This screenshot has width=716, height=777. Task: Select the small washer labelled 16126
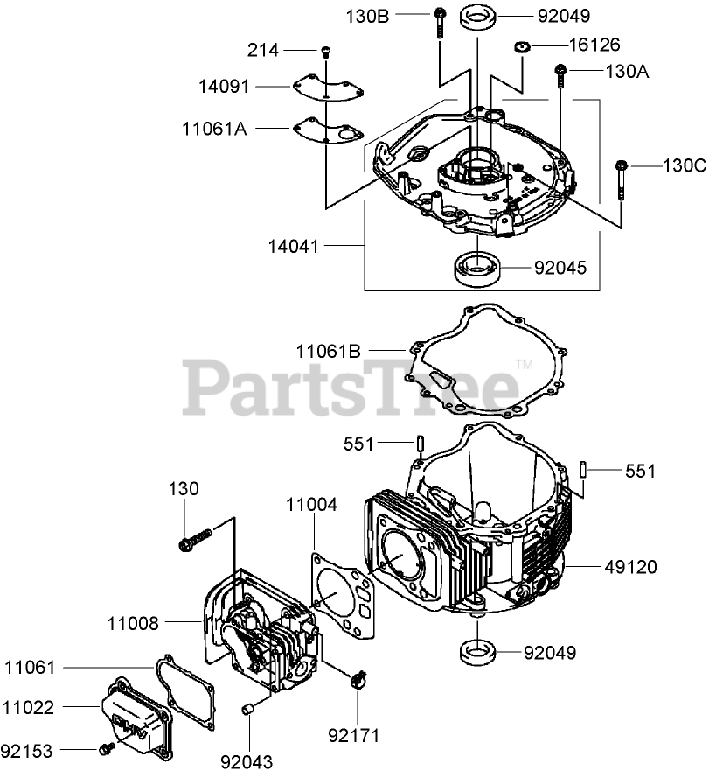click(x=522, y=46)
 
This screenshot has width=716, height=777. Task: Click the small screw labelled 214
click(x=325, y=52)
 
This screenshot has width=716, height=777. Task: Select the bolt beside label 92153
click(x=107, y=749)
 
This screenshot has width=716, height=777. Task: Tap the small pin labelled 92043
click(x=248, y=707)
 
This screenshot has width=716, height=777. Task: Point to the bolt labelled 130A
click(x=558, y=80)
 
